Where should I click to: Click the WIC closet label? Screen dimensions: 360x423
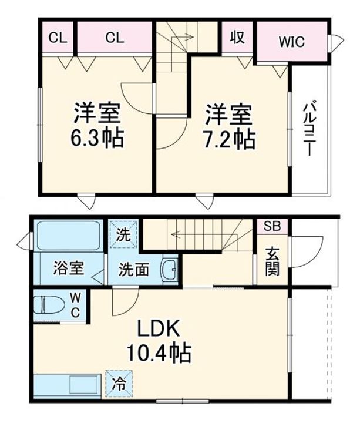point(292,42)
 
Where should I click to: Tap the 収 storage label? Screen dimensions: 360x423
point(237,38)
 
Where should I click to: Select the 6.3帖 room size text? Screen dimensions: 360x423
point(97,138)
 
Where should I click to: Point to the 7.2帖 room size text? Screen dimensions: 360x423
point(229,140)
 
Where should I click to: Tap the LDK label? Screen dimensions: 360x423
point(159,328)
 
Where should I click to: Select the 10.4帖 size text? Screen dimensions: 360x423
point(159,352)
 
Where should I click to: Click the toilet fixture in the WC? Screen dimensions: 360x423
point(49,304)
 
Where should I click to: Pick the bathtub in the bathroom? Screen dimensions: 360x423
point(69,236)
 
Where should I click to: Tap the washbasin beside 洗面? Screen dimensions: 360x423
point(170,269)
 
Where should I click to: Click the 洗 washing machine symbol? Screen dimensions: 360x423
point(123,234)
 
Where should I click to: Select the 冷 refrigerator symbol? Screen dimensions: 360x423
point(119,383)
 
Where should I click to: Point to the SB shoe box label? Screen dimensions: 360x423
point(272,226)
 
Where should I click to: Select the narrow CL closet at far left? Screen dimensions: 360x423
point(58,38)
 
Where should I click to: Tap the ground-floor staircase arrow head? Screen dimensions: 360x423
point(174,234)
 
